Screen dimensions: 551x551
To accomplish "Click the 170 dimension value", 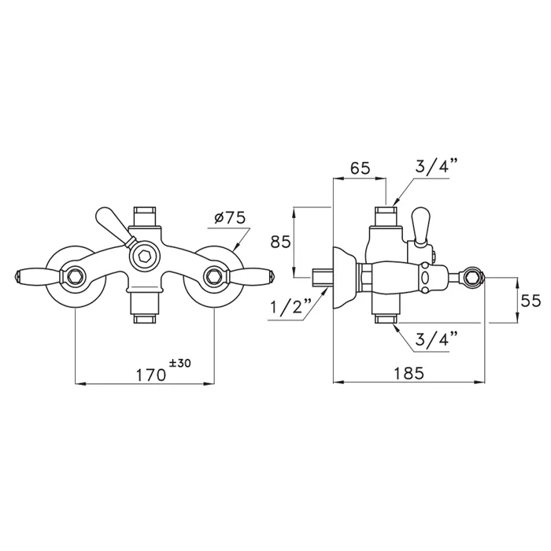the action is click(x=151, y=375).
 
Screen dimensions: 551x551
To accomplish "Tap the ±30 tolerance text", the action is click(x=180, y=363).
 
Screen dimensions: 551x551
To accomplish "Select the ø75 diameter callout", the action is click(x=230, y=218).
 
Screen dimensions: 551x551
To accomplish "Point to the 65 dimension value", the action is click(x=361, y=168).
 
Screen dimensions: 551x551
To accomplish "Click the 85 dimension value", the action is click(x=280, y=242).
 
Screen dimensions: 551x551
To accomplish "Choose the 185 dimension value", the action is click(x=409, y=373).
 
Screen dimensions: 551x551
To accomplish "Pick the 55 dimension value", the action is click(x=531, y=301).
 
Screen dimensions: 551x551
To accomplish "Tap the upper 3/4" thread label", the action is click(x=437, y=165).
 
